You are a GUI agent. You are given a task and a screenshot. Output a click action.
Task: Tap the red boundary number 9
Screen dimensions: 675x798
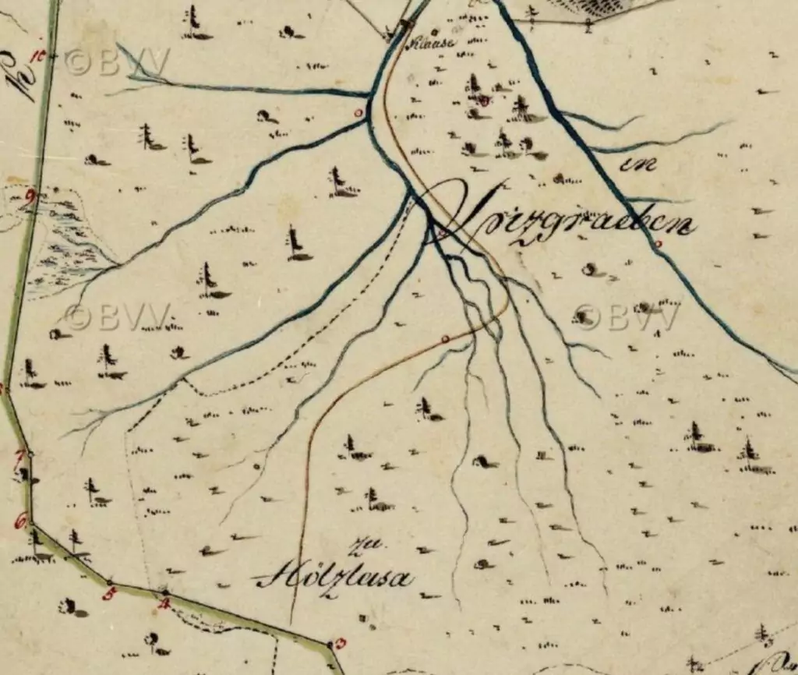31,196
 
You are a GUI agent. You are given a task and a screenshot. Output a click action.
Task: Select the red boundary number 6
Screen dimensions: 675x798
20,520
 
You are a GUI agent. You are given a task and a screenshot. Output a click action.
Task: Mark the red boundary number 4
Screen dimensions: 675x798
164,603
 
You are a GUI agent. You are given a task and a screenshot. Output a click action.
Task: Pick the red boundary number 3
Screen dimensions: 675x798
341,644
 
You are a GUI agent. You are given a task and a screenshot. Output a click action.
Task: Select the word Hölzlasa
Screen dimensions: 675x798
334,579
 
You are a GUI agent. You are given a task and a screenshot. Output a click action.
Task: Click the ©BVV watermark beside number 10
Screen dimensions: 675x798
117,62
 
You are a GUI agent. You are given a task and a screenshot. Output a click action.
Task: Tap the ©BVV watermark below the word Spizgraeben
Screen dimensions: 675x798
628,316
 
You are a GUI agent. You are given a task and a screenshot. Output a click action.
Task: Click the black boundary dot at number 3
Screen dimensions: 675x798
330,645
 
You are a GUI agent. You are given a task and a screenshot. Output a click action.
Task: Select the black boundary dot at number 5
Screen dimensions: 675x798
109,582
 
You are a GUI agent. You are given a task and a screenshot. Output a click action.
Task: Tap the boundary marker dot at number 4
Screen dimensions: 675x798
164,592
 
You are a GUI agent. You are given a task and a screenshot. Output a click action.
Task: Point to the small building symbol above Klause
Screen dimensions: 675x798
404,26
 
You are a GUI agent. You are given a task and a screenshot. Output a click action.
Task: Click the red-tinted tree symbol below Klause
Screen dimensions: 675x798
483,99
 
